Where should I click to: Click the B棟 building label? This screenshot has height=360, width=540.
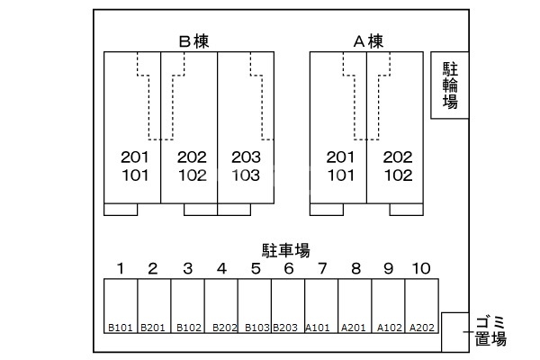(194, 41)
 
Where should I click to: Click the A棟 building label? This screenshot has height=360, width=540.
(367, 41)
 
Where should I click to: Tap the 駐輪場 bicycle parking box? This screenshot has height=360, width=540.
(450, 85)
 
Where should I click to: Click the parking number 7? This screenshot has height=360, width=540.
(322, 268)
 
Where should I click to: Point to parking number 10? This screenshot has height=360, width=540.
(420, 268)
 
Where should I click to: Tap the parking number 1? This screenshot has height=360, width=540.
(120, 268)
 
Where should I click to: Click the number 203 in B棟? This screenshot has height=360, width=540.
(246, 157)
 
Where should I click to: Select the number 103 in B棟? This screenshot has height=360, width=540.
(246, 175)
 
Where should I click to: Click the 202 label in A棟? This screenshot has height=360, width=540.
(398, 157)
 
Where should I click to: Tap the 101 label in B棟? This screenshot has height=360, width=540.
(134, 175)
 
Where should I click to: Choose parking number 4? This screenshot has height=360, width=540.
(220, 268)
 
